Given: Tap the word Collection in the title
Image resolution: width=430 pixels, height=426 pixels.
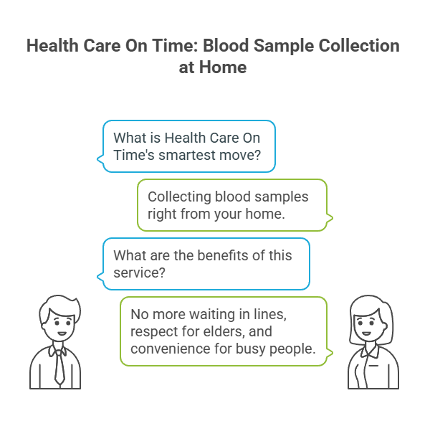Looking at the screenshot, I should [x=361, y=47].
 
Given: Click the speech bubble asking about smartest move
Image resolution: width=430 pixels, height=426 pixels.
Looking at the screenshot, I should [x=188, y=146].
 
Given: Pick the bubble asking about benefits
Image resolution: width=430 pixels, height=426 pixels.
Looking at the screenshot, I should [x=206, y=264].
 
